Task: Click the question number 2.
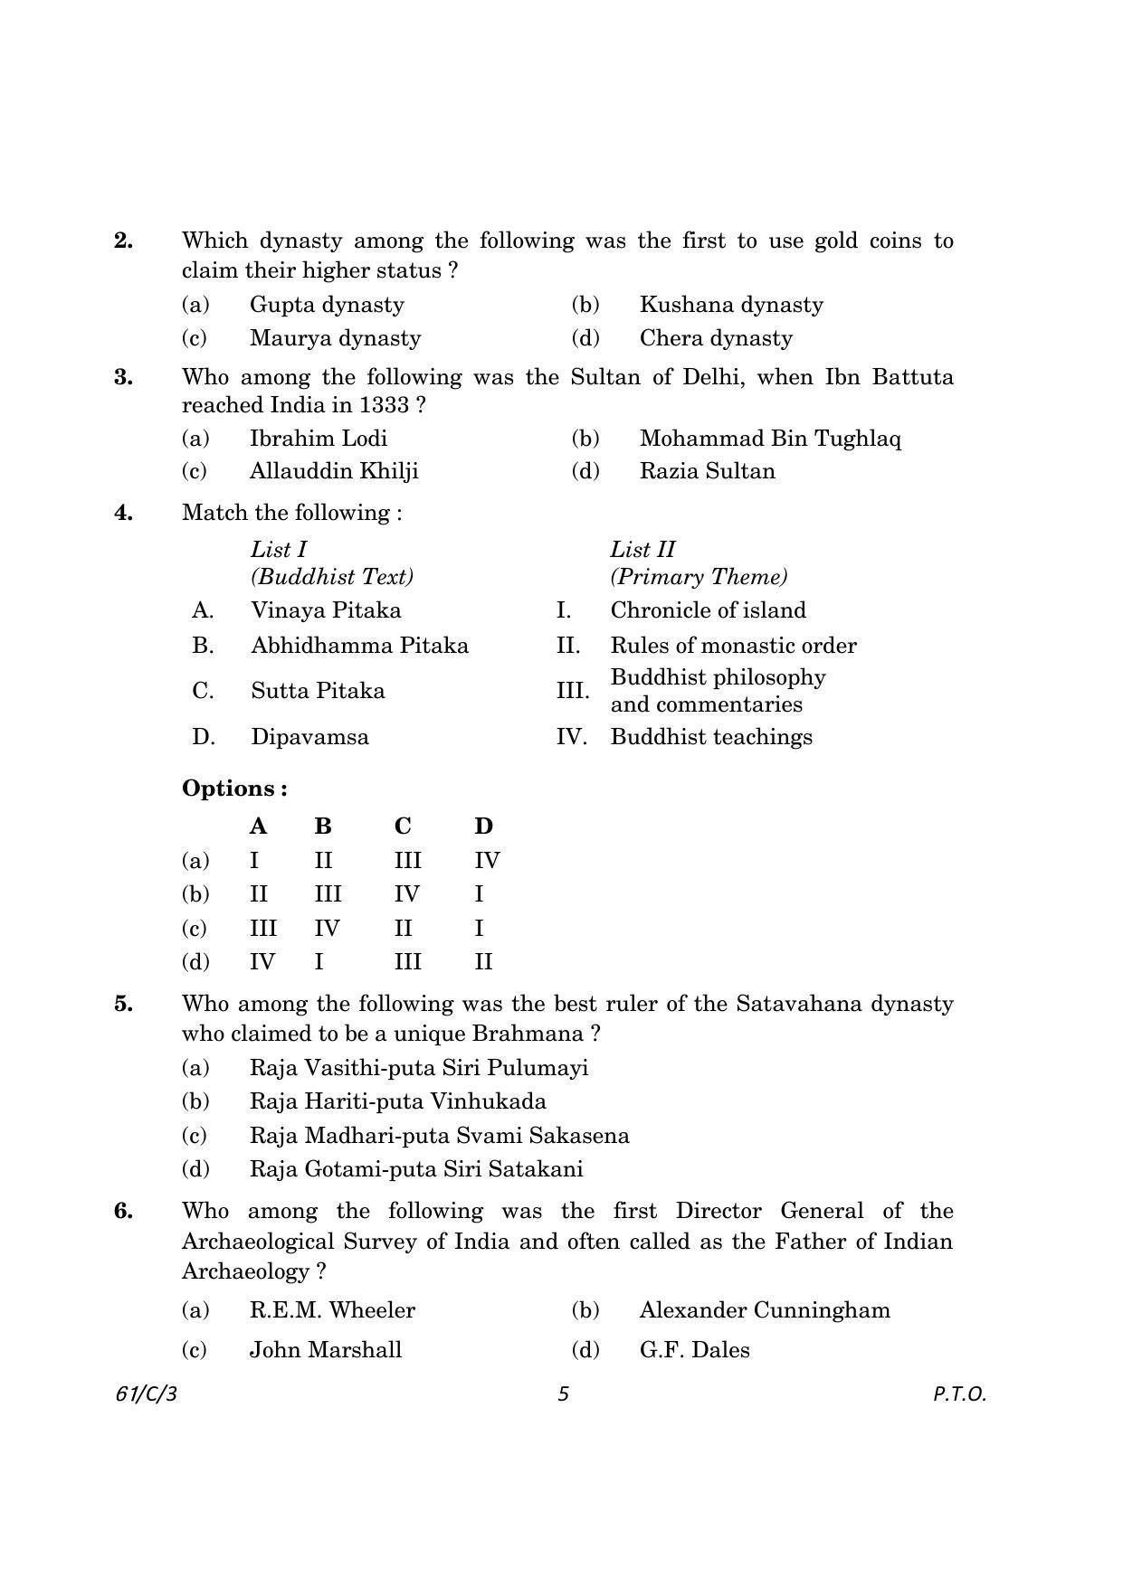(123, 241)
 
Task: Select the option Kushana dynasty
(730, 305)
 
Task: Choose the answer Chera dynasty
(715, 338)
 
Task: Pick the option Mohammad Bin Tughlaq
(769, 439)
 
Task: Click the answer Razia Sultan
(707, 471)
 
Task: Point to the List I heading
(279, 550)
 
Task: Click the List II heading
(642, 550)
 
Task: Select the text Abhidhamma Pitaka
(359, 646)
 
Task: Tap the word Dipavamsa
(309, 737)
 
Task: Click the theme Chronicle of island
(708, 610)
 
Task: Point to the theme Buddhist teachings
(711, 737)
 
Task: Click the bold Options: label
(234, 789)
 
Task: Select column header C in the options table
(403, 827)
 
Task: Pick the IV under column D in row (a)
(487, 861)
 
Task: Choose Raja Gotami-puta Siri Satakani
(416, 1169)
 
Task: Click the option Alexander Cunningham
(764, 1310)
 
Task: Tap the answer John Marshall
(325, 1350)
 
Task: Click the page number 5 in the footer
(563, 1393)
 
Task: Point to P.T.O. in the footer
(958, 1393)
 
